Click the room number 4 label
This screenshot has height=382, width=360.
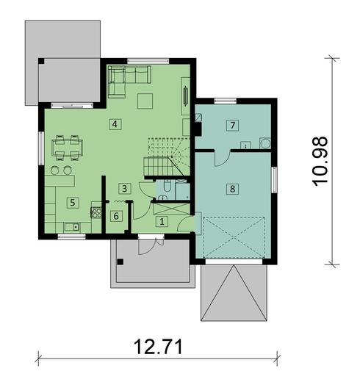pos(115,124)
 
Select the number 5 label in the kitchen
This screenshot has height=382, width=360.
pos(72,201)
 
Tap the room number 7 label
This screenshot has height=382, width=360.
pos(231,125)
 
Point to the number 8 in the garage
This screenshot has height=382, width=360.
pos(232,189)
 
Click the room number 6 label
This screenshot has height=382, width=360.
pos(116,216)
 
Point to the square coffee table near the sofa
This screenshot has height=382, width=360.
pos(145,101)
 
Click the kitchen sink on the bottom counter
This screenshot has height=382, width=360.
pos(71,228)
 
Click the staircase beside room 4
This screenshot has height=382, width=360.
pos(166,157)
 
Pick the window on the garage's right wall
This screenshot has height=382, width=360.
pos(274,179)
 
